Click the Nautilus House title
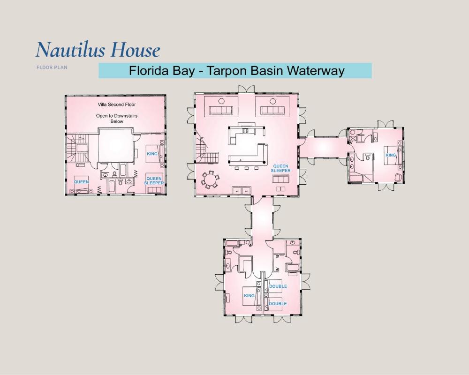click(98, 50)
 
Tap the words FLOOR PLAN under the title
click(52, 67)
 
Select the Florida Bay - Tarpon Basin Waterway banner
click(235, 71)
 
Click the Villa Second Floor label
click(117, 105)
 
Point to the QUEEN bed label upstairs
click(81, 182)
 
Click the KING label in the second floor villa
click(152, 154)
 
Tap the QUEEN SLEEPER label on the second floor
click(154, 180)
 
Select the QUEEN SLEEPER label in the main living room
click(280, 168)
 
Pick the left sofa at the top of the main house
click(221, 110)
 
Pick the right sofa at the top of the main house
click(272, 110)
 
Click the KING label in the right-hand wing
click(391, 155)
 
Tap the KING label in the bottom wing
click(249, 295)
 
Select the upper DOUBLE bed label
click(278, 286)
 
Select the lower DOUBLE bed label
click(278, 304)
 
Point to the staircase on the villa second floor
click(77, 149)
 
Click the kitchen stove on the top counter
click(245, 130)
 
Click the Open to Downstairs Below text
click(117, 119)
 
